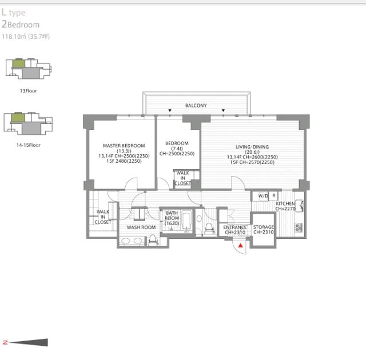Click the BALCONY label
point(196,106)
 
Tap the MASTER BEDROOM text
point(124,146)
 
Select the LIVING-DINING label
point(252,147)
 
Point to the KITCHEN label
point(285,203)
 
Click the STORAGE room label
point(263,227)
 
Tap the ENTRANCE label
point(235,227)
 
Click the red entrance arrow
point(240,245)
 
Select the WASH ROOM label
point(141,227)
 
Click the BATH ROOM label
point(172,215)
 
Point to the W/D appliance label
point(263,196)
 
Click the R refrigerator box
point(274,196)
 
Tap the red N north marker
point(5,342)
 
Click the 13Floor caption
point(28,91)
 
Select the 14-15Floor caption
point(28,145)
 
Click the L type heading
point(13,13)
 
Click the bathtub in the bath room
point(186,221)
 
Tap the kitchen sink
point(299,206)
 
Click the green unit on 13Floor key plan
point(18,63)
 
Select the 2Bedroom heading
point(21,25)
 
